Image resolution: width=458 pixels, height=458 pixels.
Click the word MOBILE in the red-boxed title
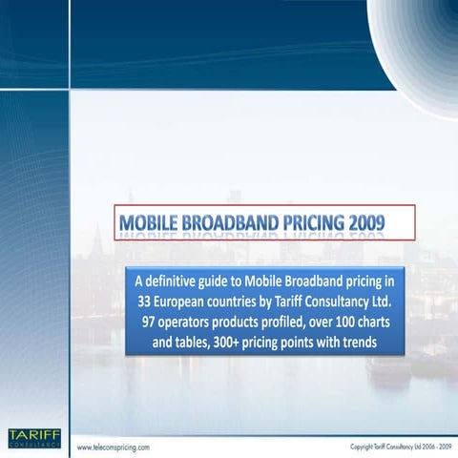pos(148,222)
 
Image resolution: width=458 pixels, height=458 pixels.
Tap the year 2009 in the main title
pos(366,222)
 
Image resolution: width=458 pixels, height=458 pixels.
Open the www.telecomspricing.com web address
pos(115,447)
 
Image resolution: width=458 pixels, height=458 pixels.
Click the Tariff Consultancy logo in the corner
pos(33,438)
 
